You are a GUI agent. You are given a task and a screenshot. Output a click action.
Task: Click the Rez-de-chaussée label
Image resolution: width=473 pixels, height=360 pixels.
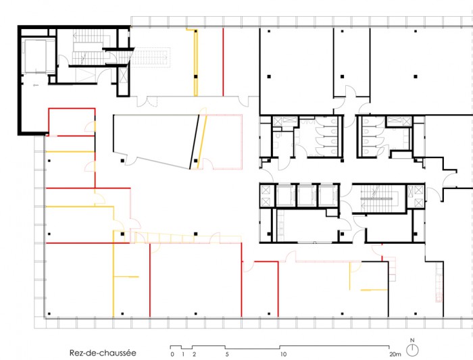click(103, 353)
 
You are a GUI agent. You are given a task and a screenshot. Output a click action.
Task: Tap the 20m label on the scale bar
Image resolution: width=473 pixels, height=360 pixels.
click(395, 355)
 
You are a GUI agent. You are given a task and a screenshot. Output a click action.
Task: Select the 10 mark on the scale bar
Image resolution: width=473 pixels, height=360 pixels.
click(283, 355)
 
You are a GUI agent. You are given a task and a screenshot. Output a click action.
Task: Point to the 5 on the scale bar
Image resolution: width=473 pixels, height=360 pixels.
click(227, 355)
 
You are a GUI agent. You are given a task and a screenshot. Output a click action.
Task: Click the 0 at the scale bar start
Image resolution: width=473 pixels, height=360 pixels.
click(172, 355)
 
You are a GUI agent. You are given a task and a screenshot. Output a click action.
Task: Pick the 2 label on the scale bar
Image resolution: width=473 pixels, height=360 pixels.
click(195, 355)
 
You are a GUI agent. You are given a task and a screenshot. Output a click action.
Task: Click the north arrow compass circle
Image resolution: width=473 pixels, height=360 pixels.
click(412, 350)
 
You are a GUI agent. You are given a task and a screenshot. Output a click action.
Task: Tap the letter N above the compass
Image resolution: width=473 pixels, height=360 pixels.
click(412, 340)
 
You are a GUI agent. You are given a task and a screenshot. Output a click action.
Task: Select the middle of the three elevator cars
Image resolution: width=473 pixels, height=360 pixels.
click(307, 195)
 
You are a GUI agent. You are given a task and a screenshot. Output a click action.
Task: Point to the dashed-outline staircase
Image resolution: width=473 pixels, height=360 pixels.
click(150, 57)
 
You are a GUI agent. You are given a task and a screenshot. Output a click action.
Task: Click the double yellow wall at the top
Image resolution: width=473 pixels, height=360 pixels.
click(195, 62)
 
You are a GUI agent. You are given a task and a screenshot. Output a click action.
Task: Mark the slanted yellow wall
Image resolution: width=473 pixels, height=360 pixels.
click(202, 142)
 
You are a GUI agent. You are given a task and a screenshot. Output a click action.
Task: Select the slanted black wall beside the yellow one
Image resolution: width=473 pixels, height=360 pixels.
click(195, 142)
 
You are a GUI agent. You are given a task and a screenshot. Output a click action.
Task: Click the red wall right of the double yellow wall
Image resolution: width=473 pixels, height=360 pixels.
click(223, 62)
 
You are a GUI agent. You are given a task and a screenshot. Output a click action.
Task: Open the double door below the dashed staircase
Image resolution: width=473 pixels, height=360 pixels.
click(147, 101)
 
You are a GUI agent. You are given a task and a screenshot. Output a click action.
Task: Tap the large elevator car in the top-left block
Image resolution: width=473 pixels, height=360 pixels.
click(36, 56)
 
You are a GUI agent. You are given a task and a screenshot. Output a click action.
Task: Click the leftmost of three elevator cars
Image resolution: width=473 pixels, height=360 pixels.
click(285, 195)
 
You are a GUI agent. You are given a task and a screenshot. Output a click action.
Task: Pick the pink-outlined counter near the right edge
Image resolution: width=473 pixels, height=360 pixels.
click(439, 282)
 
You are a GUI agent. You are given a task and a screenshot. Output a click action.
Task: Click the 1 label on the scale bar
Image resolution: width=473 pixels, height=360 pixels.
click(183, 355)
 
